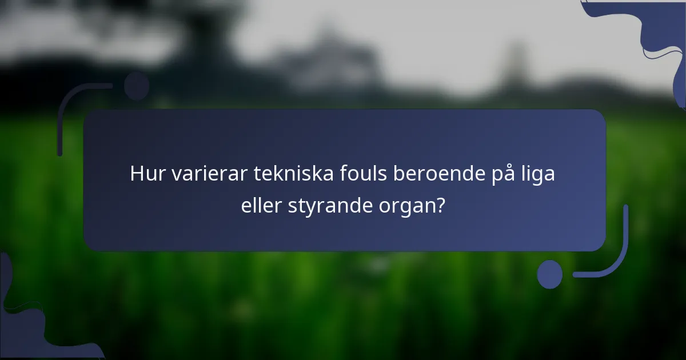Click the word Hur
(145, 174)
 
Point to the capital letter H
(136, 174)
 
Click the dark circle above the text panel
(137, 86)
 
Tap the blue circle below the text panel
(550, 274)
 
